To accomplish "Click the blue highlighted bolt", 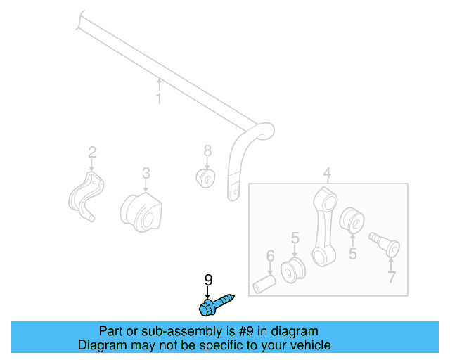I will click(x=214, y=304).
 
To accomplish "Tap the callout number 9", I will click(x=208, y=281).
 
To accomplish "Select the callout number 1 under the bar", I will click(x=159, y=99).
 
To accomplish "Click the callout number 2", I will click(x=91, y=152).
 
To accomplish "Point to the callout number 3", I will click(x=146, y=172).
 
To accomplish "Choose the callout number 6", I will click(x=269, y=256).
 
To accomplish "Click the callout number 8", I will click(x=207, y=150).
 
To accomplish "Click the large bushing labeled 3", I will click(x=141, y=210).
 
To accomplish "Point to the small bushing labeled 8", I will click(x=206, y=177).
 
